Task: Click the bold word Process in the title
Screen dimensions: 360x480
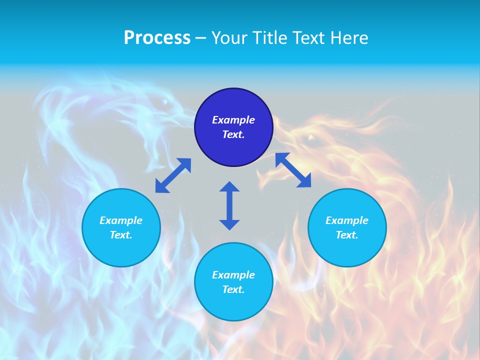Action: click(x=157, y=38)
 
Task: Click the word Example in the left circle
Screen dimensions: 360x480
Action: click(x=121, y=220)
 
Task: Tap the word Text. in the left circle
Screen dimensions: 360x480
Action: click(x=121, y=235)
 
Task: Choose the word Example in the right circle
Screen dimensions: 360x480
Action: click(x=347, y=220)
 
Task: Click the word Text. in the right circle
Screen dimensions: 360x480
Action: click(x=347, y=235)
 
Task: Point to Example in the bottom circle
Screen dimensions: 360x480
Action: click(x=233, y=275)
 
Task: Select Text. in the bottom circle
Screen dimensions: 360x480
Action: click(x=233, y=289)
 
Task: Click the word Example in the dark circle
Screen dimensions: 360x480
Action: click(x=233, y=120)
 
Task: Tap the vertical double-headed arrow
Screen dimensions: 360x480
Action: click(x=229, y=205)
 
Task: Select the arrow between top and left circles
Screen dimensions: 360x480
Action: click(x=173, y=175)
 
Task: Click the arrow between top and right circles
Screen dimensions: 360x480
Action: click(x=293, y=170)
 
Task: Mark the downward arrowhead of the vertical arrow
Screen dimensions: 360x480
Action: click(x=229, y=224)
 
